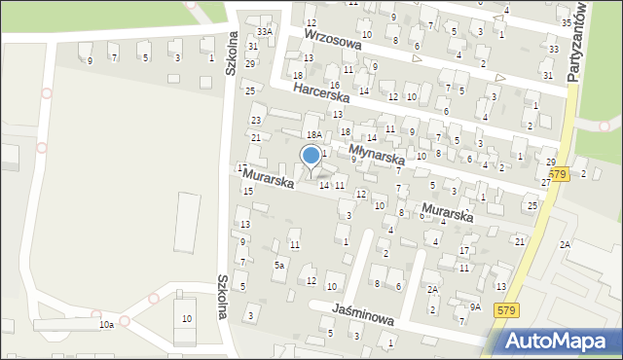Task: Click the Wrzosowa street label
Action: [332, 39]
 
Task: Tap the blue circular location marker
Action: [311, 156]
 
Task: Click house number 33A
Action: [265, 32]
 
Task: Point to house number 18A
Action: [313, 135]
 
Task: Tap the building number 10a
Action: [105, 324]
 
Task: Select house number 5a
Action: [279, 265]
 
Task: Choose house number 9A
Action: [475, 307]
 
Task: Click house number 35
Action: [567, 22]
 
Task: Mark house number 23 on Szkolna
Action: [256, 120]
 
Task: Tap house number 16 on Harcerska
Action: [334, 86]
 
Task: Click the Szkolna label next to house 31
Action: [233, 57]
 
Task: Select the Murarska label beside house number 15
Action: [269, 180]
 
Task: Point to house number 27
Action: [546, 182]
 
